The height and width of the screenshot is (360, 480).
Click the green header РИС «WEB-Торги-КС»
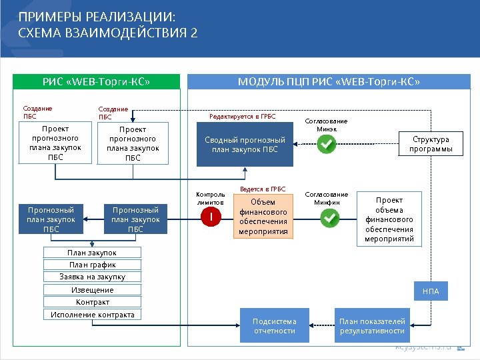pos(97,82)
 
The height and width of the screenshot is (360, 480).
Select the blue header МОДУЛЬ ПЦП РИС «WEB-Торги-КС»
pos(329,82)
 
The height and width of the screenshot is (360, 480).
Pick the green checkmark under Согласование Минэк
pos(326,145)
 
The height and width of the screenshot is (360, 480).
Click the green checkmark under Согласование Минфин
pos(330,217)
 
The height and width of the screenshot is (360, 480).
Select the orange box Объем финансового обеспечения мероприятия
pos(263,217)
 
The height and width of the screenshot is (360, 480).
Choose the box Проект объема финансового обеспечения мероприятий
pos(389,219)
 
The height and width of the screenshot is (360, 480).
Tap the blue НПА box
pos(431,291)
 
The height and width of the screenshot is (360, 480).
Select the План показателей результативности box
pos(372,326)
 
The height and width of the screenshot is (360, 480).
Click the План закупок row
pos(92,253)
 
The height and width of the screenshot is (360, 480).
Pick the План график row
pos(92,265)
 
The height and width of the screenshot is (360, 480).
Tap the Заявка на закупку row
pos(92,277)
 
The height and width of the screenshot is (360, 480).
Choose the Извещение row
pos(92,290)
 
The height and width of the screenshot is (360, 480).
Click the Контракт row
pos(92,302)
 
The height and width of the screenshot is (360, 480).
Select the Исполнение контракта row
pos(92,315)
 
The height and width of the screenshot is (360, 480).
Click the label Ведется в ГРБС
pos(263,189)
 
